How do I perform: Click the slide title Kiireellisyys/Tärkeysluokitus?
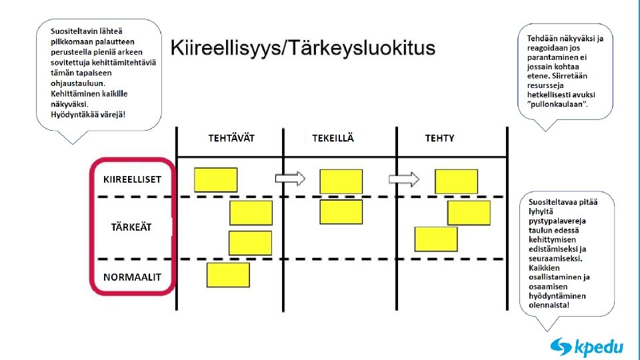coord(303,48)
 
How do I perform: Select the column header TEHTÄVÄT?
coord(231,138)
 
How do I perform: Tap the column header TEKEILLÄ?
coord(333,138)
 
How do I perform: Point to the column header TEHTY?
coord(439,138)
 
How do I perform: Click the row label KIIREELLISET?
coord(132,179)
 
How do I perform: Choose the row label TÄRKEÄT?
coord(131,227)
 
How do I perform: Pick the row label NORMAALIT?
coord(132,277)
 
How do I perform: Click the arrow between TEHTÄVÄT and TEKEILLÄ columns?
coord(290,178)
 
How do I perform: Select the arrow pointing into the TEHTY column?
coord(404,179)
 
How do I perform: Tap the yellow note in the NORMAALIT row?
coord(228,275)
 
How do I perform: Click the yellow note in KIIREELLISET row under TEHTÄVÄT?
coord(215,180)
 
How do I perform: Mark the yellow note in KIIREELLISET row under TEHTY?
coord(456,181)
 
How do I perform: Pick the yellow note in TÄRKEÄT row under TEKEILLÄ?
coord(341,212)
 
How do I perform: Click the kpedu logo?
coord(587,347)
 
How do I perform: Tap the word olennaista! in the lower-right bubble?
coord(549,305)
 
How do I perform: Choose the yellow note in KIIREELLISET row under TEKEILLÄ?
coord(341,181)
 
